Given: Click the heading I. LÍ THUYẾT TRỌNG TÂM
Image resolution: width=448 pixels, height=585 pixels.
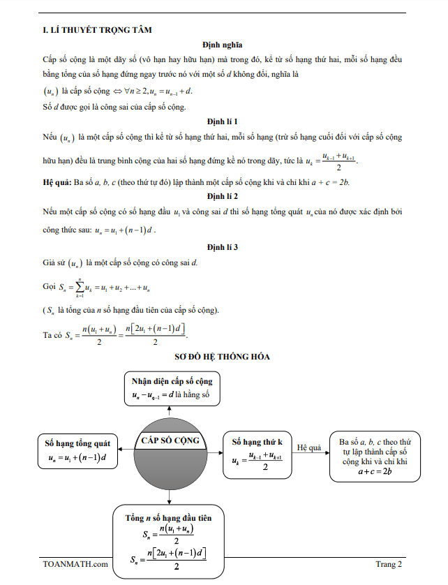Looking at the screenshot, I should point(97,29).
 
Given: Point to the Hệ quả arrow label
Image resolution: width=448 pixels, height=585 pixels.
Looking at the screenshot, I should point(310,446).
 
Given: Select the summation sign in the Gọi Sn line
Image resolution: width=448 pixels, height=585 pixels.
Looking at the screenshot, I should point(81,286).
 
